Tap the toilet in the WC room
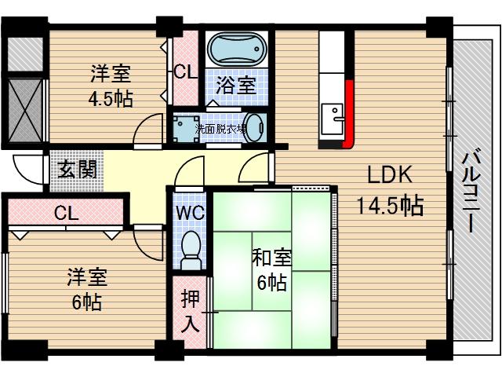click(190, 250)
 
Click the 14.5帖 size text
click(390, 207)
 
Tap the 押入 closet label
click(189, 310)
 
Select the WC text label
click(188, 213)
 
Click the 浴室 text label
click(237, 84)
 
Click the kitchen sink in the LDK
click(337, 117)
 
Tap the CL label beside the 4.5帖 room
click(186, 73)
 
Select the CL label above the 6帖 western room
click(67, 213)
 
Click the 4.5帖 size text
click(111, 99)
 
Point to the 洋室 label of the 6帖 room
click(87, 276)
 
